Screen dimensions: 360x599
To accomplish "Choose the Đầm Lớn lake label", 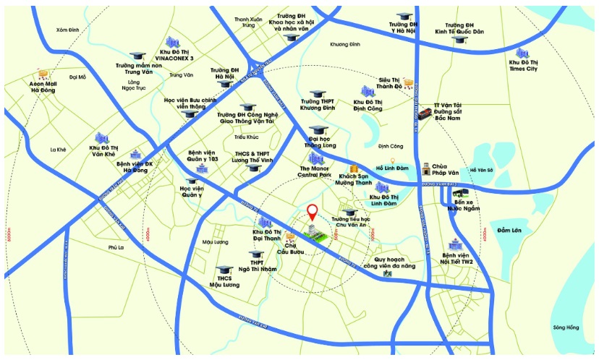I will click(x=509, y=230).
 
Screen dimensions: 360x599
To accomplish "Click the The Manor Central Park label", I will click(x=315, y=171).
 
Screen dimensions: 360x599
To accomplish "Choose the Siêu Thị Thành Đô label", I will click(x=389, y=83).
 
